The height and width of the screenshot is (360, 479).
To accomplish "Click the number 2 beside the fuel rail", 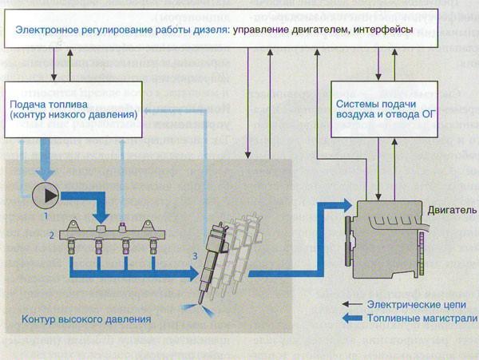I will point(51,235).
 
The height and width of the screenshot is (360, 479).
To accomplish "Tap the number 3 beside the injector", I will point(193,255).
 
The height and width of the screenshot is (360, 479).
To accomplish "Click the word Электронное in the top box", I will point(49,30).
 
